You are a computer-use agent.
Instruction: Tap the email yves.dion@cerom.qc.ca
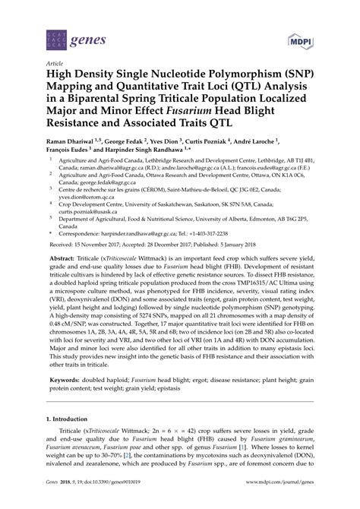[x=92, y=201]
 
